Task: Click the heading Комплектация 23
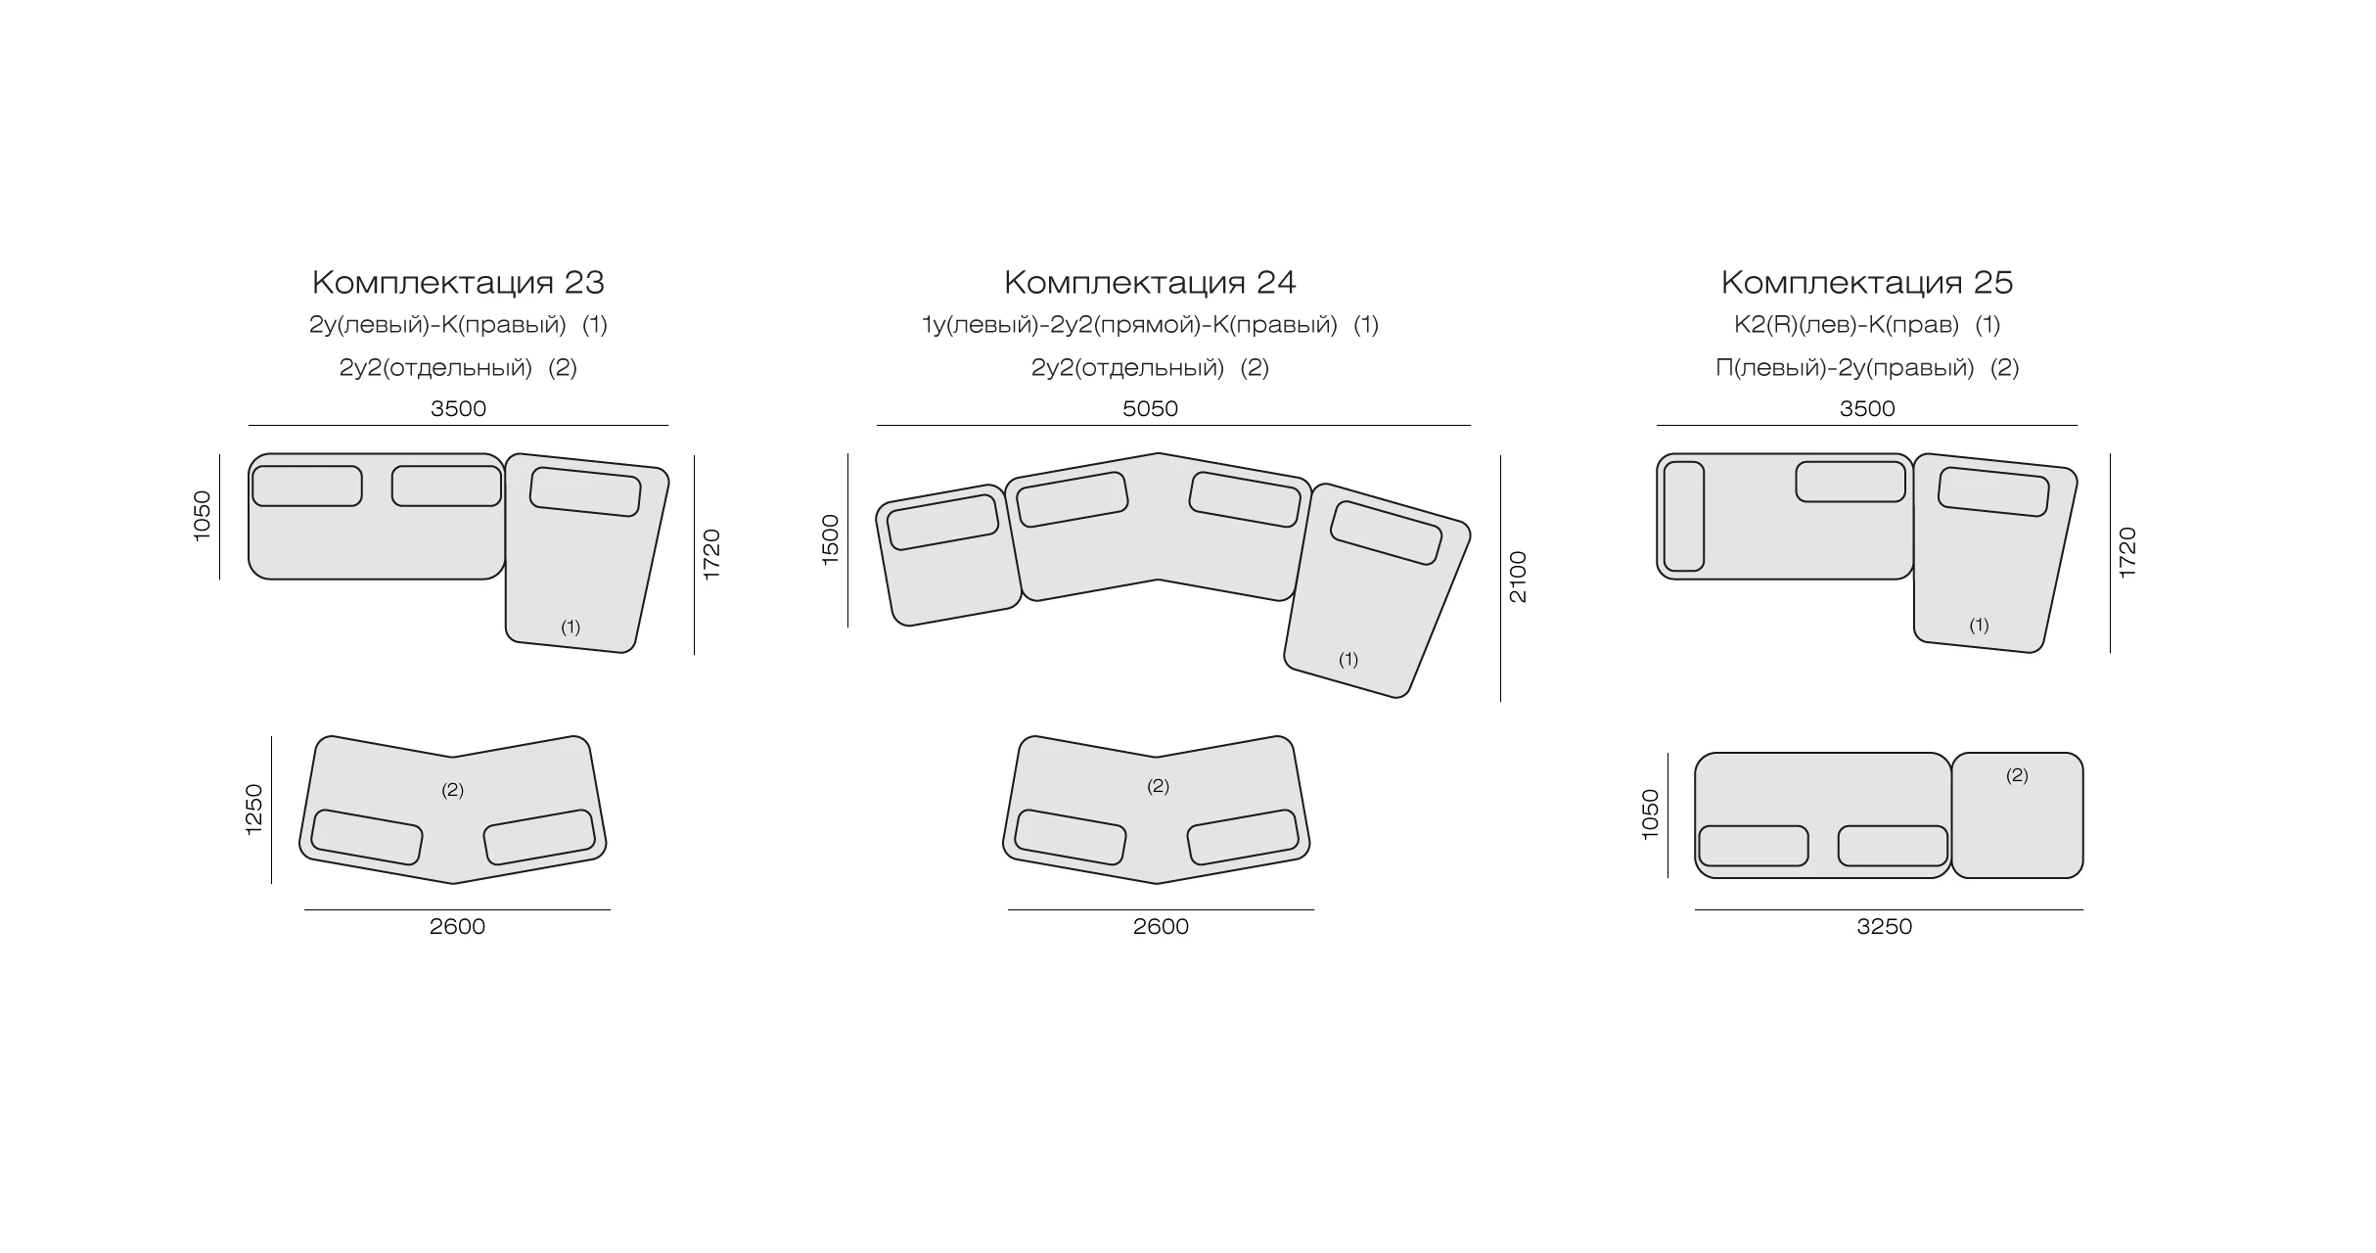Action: coord(458,283)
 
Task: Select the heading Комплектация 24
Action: coord(1150,283)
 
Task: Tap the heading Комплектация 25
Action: coord(1867,283)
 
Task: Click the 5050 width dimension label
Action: coord(1150,408)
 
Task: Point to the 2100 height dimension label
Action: coord(1518,578)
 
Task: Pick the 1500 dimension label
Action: coord(830,539)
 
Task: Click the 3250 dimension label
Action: coord(1884,926)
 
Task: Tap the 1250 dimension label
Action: coord(253,809)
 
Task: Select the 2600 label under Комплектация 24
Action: coord(1161,926)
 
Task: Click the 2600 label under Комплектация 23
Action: coord(457,926)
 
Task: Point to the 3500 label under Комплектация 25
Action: coord(1867,408)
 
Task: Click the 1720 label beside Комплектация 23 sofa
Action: coord(711,554)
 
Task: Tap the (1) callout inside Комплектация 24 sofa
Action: coord(1348,660)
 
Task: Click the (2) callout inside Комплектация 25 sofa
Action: coord(2017,775)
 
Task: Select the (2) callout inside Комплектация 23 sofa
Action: coord(452,790)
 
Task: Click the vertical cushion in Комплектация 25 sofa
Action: coord(1684,516)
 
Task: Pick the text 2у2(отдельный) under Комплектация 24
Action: coord(1127,368)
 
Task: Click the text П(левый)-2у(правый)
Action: coord(1845,368)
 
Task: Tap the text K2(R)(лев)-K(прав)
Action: coord(1847,325)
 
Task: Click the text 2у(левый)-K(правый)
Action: coord(437,325)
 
